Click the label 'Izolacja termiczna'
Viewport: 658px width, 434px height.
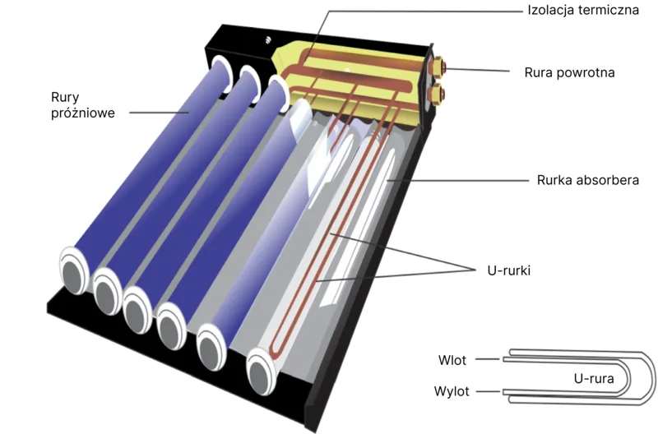[x=583, y=10]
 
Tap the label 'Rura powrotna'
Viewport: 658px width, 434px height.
[x=569, y=72]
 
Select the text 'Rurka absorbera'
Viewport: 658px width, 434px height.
[x=588, y=180]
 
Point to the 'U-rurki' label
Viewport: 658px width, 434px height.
[x=508, y=270]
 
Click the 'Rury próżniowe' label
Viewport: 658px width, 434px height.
[x=83, y=105]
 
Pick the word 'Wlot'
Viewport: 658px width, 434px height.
[x=452, y=360]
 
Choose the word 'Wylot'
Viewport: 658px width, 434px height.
[x=452, y=391]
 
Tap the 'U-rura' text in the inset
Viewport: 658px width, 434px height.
[x=594, y=379]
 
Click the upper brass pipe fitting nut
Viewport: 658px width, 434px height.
[x=438, y=67]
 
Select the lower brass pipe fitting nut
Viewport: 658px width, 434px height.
[x=438, y=93]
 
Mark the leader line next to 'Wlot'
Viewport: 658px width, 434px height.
[x=488, y=359]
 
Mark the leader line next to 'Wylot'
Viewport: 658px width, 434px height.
[x=489, y=391]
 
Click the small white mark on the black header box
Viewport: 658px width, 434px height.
[x=269, y=39]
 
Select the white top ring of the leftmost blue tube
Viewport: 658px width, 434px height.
[x=222, y=74]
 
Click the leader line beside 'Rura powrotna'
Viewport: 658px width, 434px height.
[x=477, y=69]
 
